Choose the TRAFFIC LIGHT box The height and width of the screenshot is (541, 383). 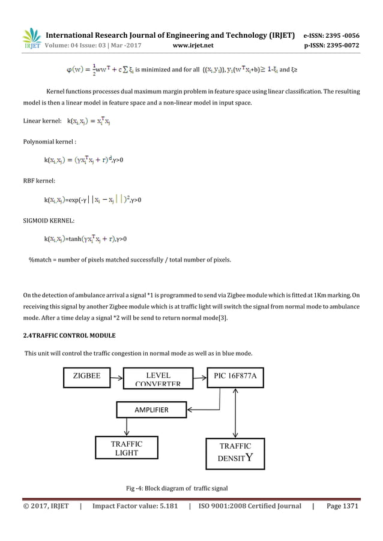[127, 449]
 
